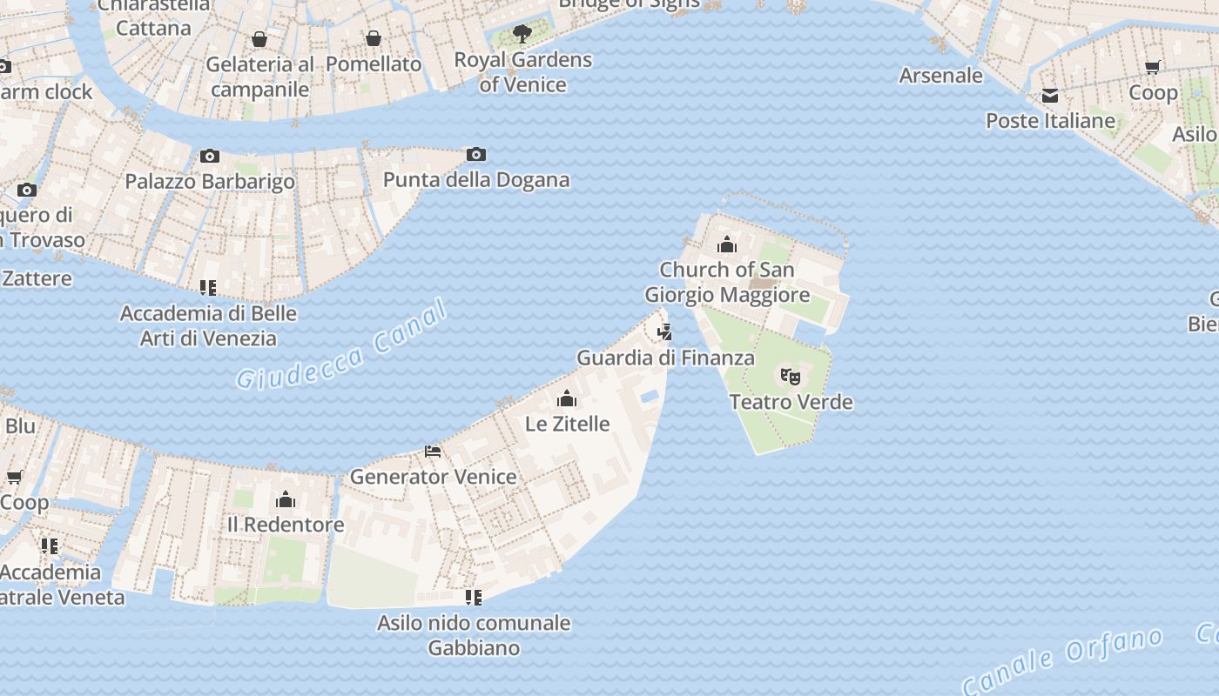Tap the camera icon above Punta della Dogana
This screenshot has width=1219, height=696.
pyautogui.click(x=476, y=155)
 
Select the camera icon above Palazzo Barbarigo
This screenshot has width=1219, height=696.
pyautogui.click(x=210, y=157)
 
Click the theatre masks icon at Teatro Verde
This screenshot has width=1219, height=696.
pyautogui.click(x=791, y=377)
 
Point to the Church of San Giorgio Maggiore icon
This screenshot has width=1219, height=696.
pyautogui.click(x=727, y=244)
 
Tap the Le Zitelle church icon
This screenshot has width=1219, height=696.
pyautogui.click(x=568, y=398)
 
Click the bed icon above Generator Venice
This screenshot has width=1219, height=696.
pyautogui.click(x=433, y=452)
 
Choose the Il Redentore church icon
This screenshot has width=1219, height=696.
pyautogui.click(x=286, y=499)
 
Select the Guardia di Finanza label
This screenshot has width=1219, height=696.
pyautogui.click(x=666, y=358)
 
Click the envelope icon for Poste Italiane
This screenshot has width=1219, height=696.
pyautogui.click(x=1050, y=96)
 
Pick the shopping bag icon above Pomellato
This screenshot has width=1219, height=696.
pyautogui.click(x=374, y=38)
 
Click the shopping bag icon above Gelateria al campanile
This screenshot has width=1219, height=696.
pyautogui.click(x=259, y=39)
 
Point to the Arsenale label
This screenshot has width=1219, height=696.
pyautogui.click(x=941, y=76)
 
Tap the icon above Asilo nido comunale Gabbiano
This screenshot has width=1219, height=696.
pyautogui.click(x=474, y=598)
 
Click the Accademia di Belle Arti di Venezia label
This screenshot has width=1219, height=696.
pyautogui.click(x=208, y=325)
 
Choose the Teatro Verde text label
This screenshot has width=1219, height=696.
pyautogui.click(x=791, y=402)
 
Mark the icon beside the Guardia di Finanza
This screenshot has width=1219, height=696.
pyautogui.click(x=665, y=331)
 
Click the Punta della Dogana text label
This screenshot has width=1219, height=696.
pyautogui.click(x=476, y=180)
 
